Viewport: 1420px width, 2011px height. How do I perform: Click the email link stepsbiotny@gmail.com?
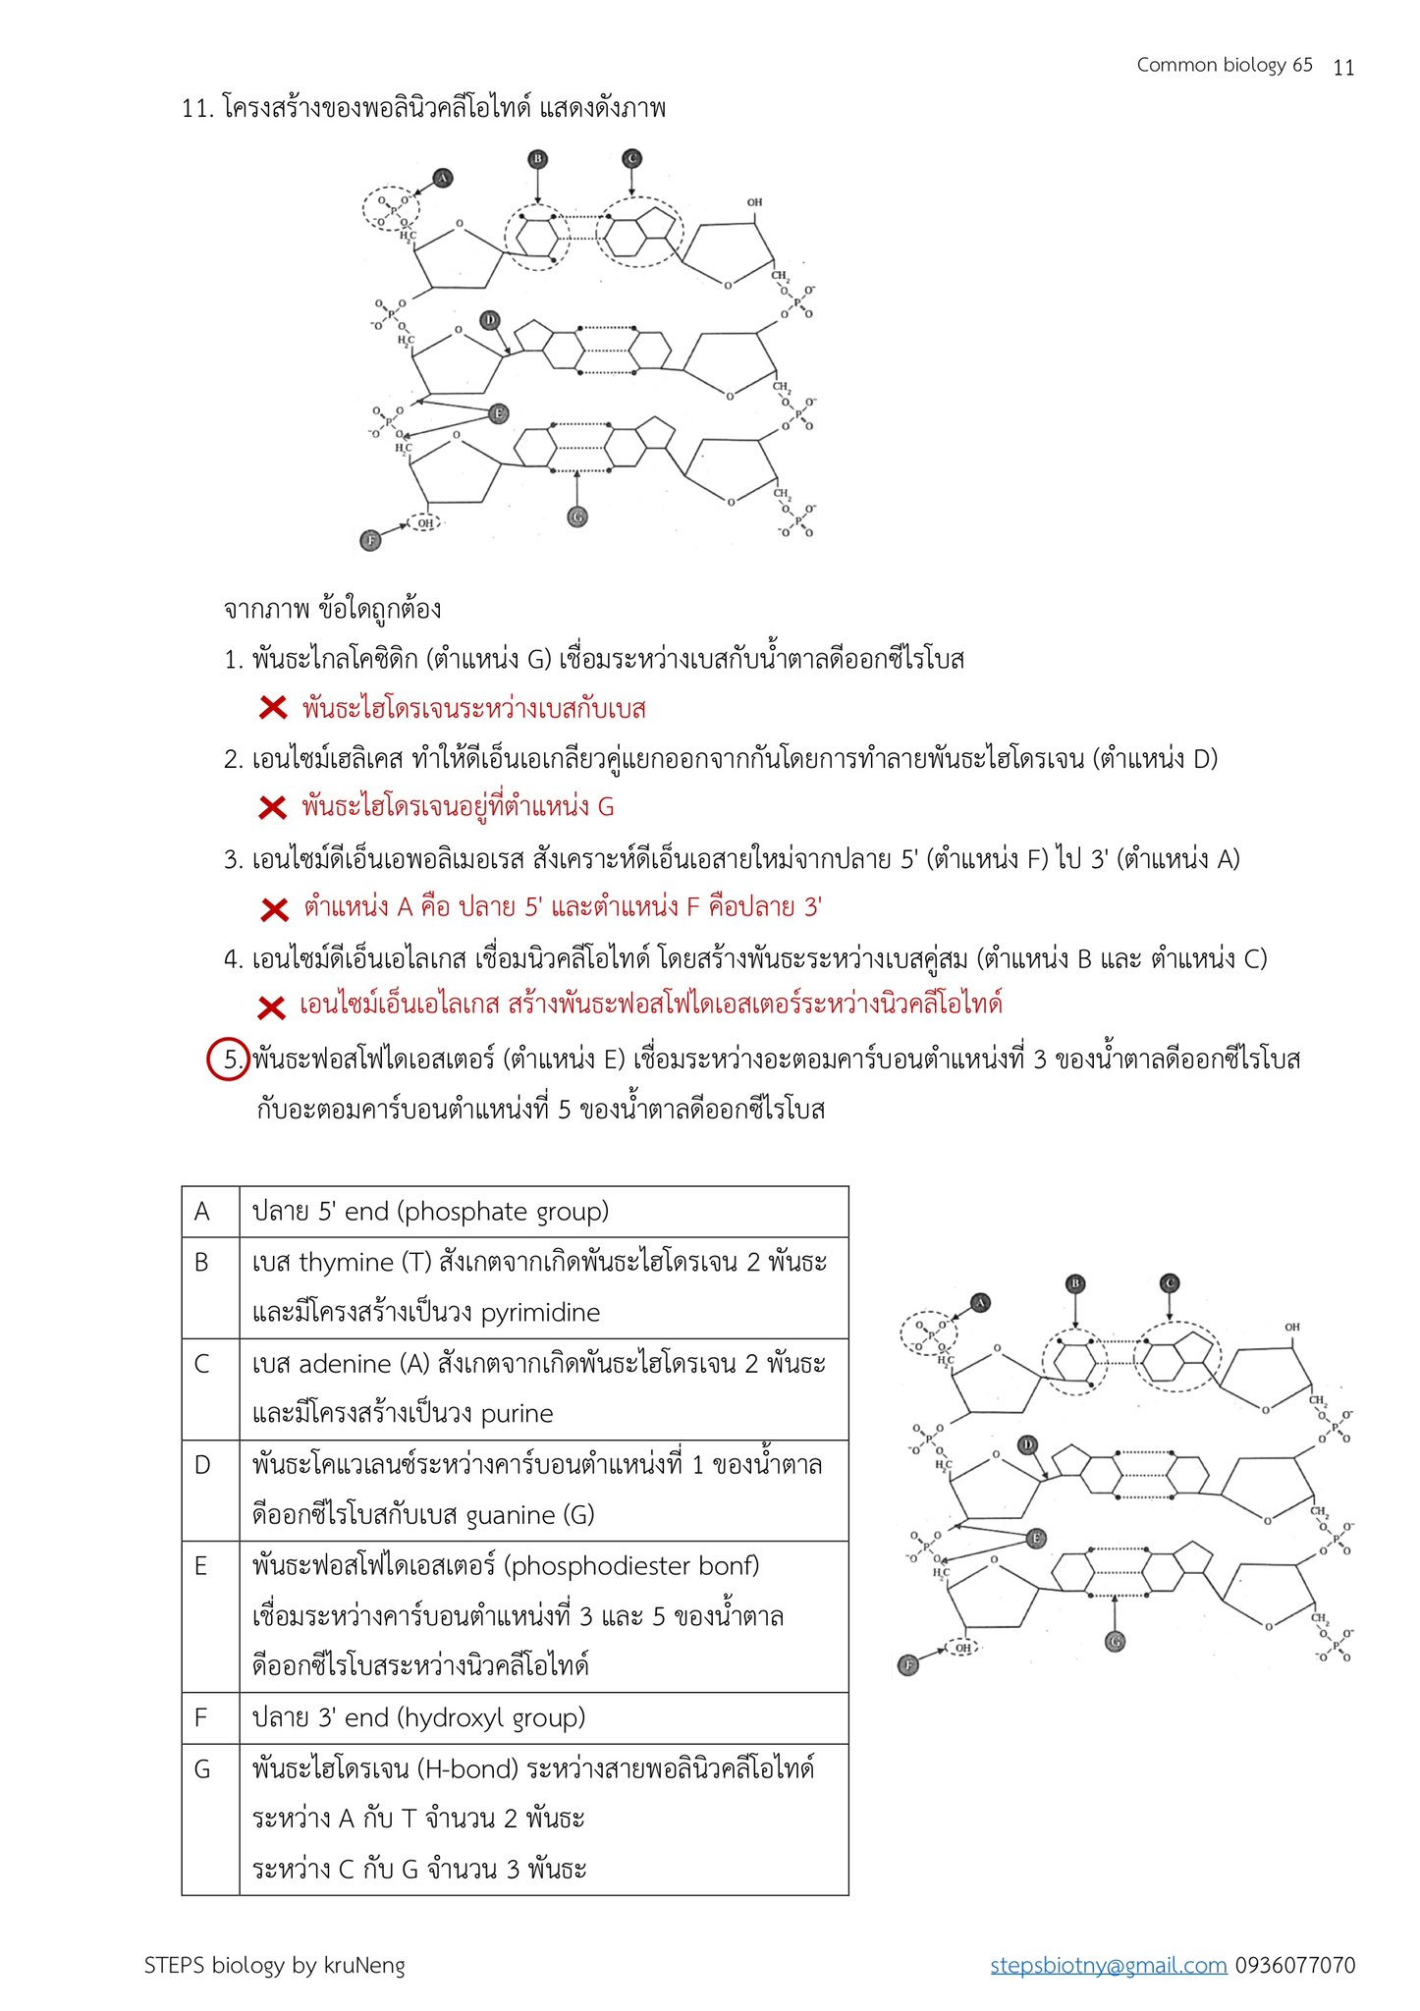(x=1108, y=1965)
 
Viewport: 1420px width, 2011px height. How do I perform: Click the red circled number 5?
(x=229, y=1060)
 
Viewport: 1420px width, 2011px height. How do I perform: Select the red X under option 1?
(x=273, y=707)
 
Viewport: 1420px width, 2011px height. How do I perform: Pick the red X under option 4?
(x=272, y=1006)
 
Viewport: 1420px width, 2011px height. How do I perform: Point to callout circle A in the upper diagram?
(x=442, y=178)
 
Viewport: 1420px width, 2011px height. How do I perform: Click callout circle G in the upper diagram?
(x=577, y=516)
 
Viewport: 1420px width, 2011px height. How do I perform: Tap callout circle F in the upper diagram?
(x=370, y=540)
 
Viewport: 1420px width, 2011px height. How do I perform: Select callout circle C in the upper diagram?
(x=631, y=158)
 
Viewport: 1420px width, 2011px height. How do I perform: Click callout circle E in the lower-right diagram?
(x=1036, y=1538)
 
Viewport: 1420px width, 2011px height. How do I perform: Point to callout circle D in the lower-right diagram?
(x=1027, y=1444)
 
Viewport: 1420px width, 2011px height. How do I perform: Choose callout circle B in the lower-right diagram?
(x=1075, y=1283)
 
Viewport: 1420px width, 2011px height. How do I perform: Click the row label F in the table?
(x=201, y=1717)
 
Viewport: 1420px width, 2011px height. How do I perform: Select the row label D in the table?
(x=202, y=1465)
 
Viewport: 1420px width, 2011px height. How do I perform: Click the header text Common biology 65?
(x=1224, y=65)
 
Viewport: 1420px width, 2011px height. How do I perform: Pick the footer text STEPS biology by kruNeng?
(x=274, y=1965)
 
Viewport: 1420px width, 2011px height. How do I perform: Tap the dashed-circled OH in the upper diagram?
(x=425, y=523)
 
